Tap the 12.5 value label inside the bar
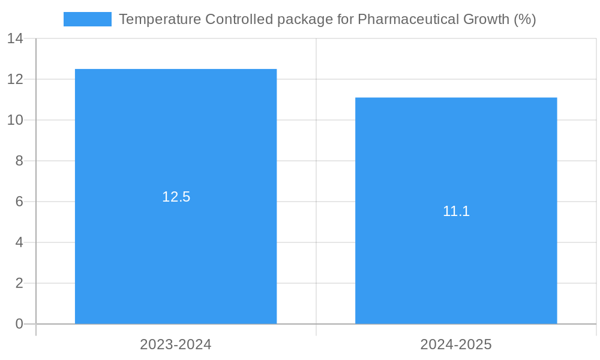[176, 197]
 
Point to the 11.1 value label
[456, 211]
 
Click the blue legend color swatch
[88, 19]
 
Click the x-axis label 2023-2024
[176, 344]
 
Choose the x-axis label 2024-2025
[456, 344]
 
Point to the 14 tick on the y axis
[15, 38]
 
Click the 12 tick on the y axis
[15, 79]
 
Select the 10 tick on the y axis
[15, 120]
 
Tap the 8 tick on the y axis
[19, 161]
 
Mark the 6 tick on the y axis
[19, 202]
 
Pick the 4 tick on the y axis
[19, 242]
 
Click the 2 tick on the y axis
[19, 283]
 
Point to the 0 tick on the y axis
[19, 324]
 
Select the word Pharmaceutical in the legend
[409, 19]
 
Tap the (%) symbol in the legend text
[525, 19]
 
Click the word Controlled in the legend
[238, 19]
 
